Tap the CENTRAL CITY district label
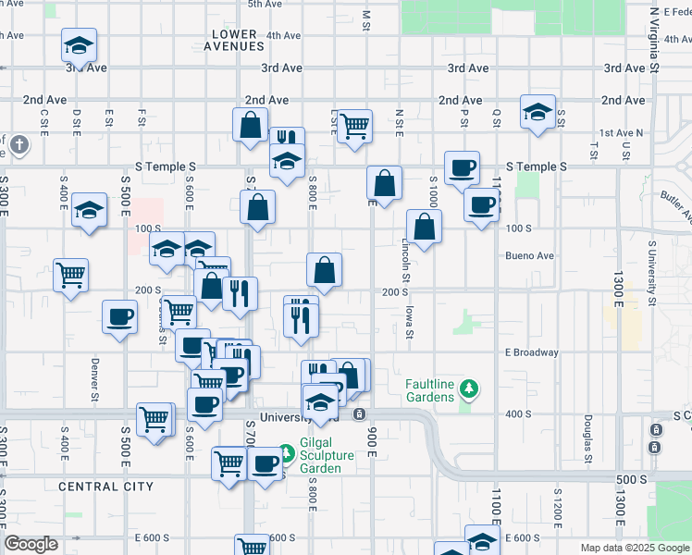105,486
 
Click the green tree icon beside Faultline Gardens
470,388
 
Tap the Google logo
31,544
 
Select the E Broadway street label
532,352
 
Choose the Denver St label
94,380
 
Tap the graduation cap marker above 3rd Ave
80,44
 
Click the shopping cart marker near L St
354,125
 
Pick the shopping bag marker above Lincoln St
424,227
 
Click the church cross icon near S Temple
19,145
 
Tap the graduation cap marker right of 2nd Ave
538,113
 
